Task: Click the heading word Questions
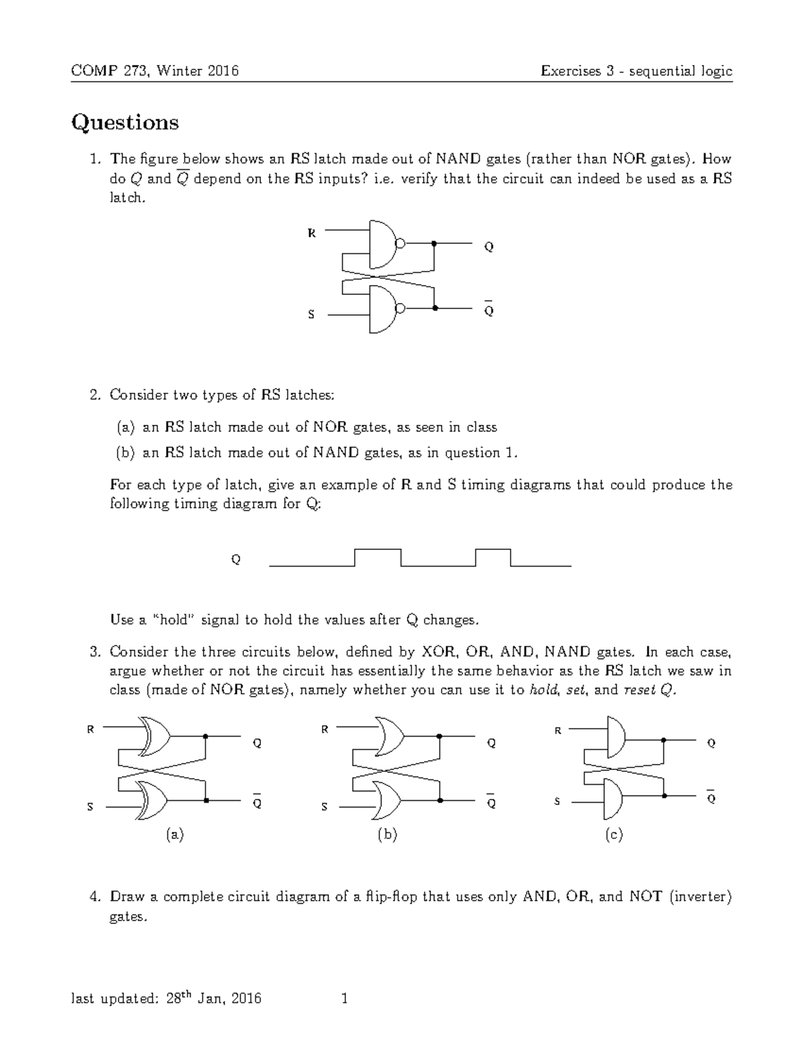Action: pyautogui.click(x=125, y=122)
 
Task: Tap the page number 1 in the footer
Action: pyautogui.click(x=345, y=1000)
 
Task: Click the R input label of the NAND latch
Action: pyautogui.click(x=311, y=233)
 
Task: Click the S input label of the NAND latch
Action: pyautogui.click(x=311, y=314)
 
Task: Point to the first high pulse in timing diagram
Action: pyautogui.click(x=377, y=550)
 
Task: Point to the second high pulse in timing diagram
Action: pyautogui.click(x=493, y=550)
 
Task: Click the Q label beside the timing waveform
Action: pyautogui.click(x=236, y=559)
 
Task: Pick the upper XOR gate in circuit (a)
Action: pyautogui.click(x=155, y=736)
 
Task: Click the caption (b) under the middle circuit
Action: pyautogui.click(x=387, y=834)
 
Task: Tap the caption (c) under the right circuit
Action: pyautogui.click(x=614, y=834)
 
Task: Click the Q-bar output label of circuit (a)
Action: pyautogui.click(x=256, y=802)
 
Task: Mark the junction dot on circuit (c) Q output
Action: pyautogui.click(x=663, y=741)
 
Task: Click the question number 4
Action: pyautogui.click(x=95, y=896)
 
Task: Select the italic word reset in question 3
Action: pyautogui.click(x=639, y=690)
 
